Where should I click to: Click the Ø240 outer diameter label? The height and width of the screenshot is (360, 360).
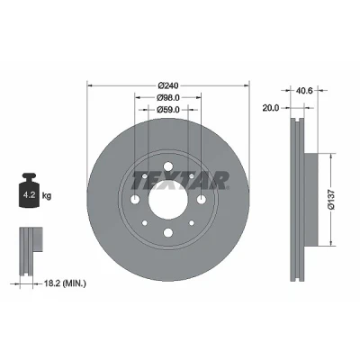(x=168, y=85)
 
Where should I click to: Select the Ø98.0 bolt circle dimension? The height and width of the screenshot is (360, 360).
(x=168, y=97)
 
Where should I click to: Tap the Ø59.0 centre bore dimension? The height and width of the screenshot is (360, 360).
(x=168, y=110)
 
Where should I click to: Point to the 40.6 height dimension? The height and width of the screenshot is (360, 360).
(x=304, y=90)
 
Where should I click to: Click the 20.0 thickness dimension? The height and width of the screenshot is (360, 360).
(x=271, y=108)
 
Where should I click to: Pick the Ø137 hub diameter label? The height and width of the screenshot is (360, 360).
(x=330, y=200)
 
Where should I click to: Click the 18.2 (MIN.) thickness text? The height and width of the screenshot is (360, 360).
(x=65, y=283)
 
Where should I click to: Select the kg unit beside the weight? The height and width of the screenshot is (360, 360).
(x=47, y=196)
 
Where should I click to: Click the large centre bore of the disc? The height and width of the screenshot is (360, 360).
(x=168, y=200)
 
